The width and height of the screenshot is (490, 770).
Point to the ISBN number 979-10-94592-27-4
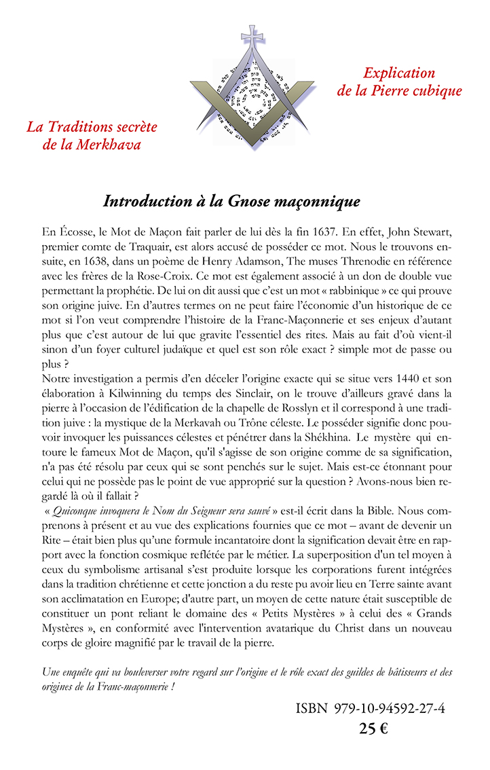[390, 708]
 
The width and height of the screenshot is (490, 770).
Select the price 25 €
[373, 729]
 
